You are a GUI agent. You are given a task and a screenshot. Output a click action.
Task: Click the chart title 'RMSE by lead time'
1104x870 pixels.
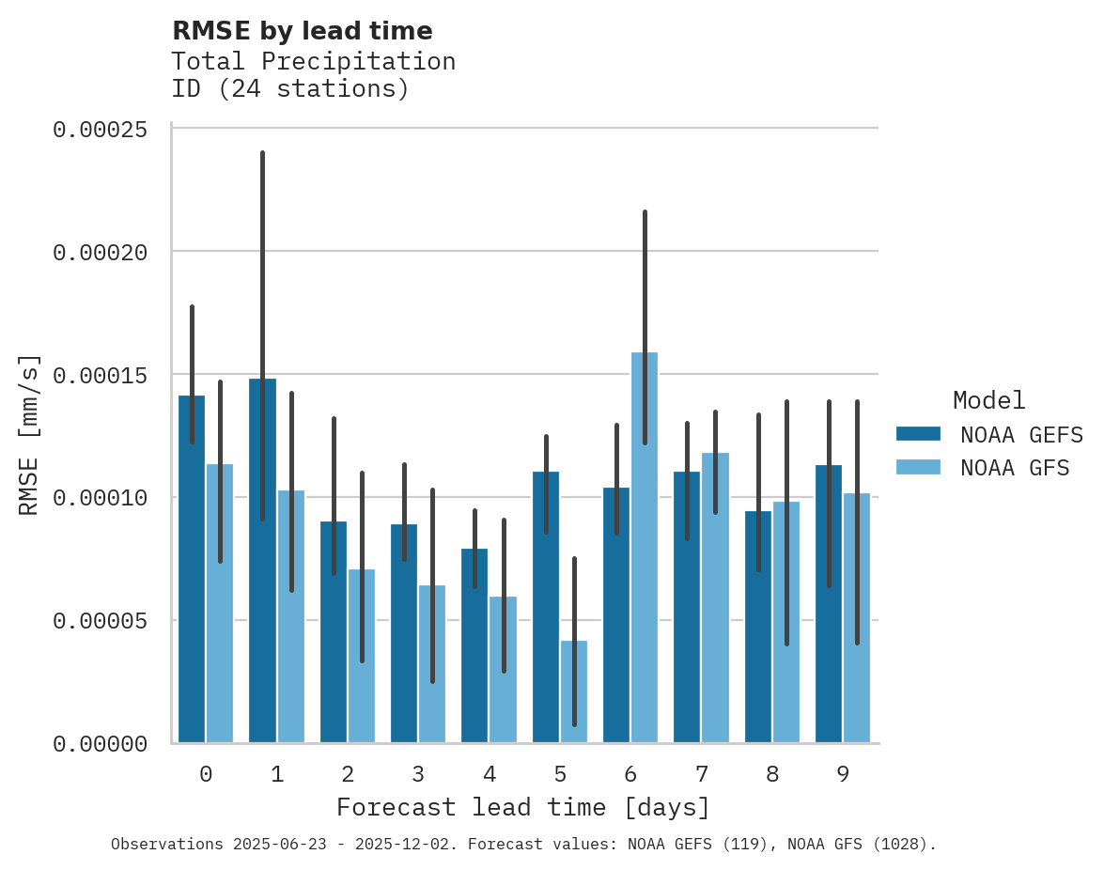[x=302, y=31]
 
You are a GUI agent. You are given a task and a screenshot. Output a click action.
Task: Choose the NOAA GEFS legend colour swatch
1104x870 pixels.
[x=919, y=433]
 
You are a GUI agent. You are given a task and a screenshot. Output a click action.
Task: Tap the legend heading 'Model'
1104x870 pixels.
[x=988, y=400]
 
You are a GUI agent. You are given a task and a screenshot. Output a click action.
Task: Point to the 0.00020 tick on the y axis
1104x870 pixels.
[x=100, y=252]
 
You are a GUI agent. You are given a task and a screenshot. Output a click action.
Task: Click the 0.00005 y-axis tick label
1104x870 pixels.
[x=100, y=621]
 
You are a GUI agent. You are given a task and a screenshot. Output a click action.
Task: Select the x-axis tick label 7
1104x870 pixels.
[x=701, y=774]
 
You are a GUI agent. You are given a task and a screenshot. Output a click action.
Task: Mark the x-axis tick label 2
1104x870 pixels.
[x=348, y=774]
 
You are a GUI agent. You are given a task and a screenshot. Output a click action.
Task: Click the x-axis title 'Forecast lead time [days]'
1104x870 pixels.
[x=523, y=807]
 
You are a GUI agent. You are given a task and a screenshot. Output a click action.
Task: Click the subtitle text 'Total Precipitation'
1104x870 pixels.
[x=313, y=61]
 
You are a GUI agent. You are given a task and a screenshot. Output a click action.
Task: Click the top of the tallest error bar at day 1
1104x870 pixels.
[x=263, y=152]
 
